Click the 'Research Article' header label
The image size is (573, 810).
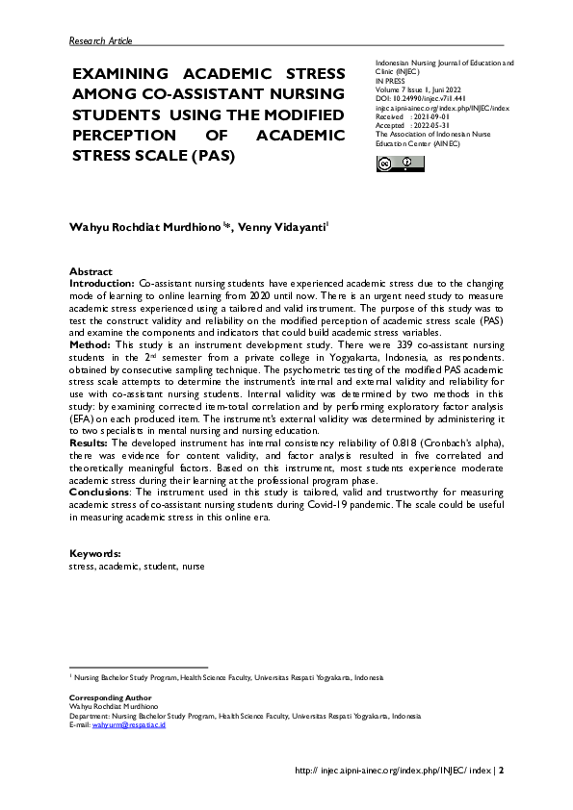click(101, 40)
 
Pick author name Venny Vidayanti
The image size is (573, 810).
click(288, 226)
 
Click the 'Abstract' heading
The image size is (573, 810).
click(91, 272)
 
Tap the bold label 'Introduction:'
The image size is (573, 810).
click(102, 285)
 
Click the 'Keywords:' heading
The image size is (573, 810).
click(94, 554)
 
